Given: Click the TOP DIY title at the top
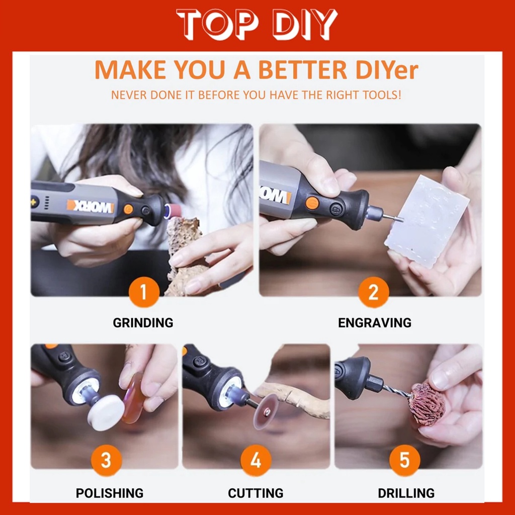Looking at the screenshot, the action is point(257,24).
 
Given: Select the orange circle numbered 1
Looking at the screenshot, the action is point(144,292).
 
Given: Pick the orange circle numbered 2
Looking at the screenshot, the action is point(374,292).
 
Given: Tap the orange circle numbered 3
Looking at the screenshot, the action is point(107,460).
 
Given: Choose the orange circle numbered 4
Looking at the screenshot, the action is point(256,460).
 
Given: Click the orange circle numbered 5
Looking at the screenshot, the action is point(405,460).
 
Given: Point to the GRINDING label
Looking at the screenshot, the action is point(143,323).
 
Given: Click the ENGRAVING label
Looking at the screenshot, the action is point(375,323).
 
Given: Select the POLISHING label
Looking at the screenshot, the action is point(110,493).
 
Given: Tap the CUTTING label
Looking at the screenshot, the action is point(256,493).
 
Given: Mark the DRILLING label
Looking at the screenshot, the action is point(406,493).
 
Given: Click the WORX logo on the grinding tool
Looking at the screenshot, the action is point(91,206).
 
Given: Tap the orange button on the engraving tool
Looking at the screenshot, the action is point(312,203).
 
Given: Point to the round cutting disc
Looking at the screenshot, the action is point(266,411).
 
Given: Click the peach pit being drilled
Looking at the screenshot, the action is point(427,404).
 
